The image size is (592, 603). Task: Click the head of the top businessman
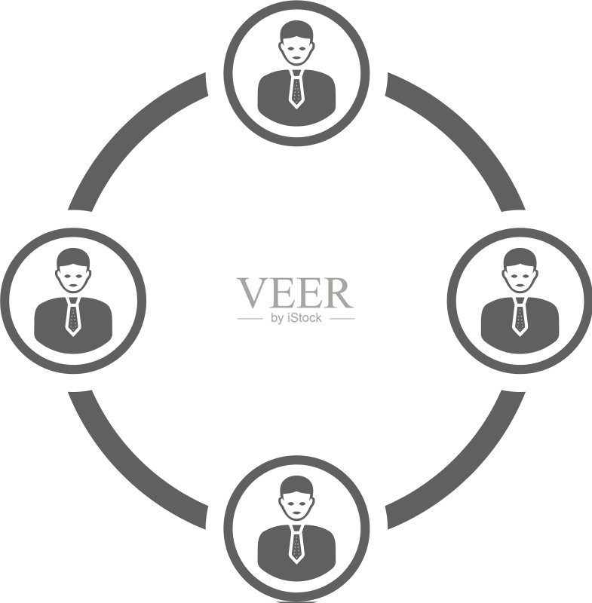(x=296, y=43)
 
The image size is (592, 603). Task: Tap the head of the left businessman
(x=72, y=271)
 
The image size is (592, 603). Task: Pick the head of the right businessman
(x=520, y=271)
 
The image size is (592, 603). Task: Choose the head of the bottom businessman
(x=296, y=498)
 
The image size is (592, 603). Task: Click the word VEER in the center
(x=296, y=293)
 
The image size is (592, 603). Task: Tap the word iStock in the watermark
(x=304, y=318)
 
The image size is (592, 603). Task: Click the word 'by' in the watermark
(x=277, y=318)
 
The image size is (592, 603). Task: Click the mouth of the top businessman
(x=296, y=58)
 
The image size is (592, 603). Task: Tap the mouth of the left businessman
(x=72, y=285)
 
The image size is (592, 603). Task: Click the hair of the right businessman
(x=520, y=257)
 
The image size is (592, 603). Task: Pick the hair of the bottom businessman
(x=296, y=485)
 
